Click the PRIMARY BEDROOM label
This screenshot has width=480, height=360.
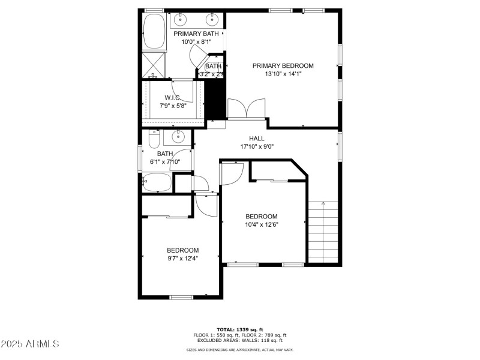tap(283, 66)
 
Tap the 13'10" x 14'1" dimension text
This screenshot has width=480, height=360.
tap(283, 74)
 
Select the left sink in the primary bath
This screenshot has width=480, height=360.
tap(181, 20)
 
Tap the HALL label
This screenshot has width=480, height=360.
tap(257, 139)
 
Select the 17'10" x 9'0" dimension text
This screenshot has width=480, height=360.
tap(257, 146)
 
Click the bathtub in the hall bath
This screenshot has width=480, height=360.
tap(157, 182)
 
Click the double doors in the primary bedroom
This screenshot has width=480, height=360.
tap(247, 109)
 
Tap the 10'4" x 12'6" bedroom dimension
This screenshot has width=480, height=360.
tap(262, 224)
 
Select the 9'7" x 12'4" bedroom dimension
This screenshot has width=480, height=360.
tap(182, 258)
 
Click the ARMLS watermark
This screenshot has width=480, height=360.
tap(30, 344)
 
